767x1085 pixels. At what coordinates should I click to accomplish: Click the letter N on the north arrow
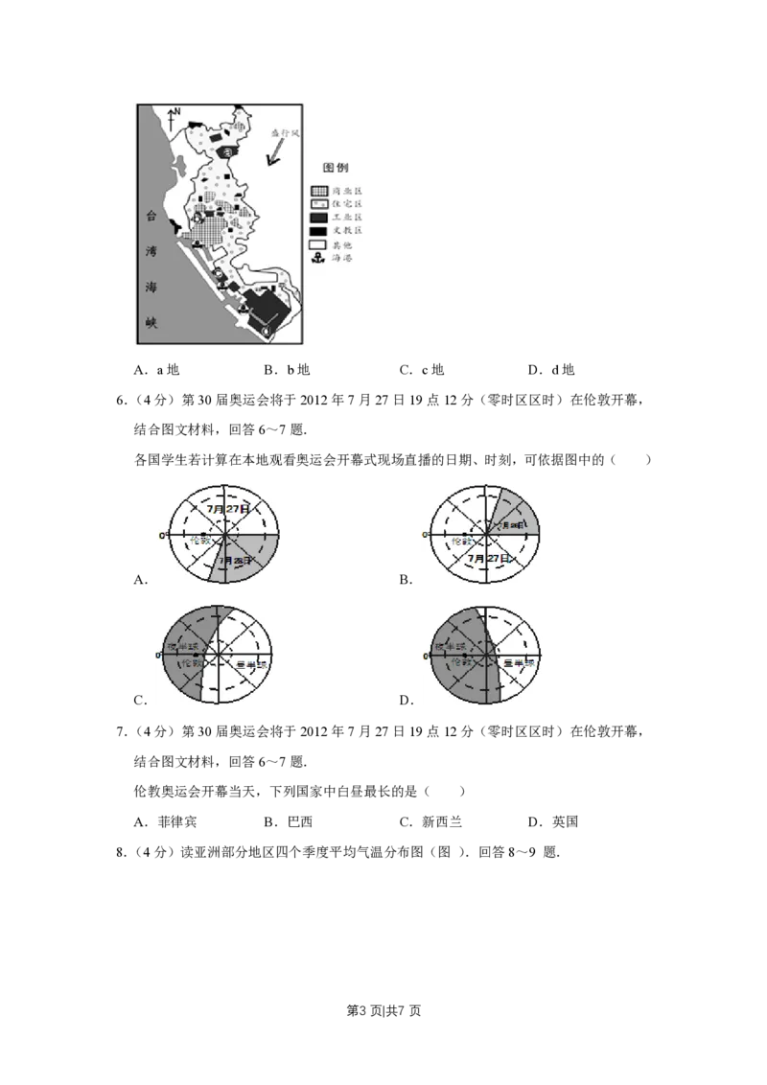178,112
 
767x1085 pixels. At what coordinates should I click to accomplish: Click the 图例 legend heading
335,167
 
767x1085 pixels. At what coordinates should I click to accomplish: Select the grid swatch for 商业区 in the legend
318,191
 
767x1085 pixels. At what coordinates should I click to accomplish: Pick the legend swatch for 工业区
318,218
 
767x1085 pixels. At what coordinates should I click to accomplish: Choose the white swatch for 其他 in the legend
318,245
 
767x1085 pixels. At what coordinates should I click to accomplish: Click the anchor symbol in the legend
318,259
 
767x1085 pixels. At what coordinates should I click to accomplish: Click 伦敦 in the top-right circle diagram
463,541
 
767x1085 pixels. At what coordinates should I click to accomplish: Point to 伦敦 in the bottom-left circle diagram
191,663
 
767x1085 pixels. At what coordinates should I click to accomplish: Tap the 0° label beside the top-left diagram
161,534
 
